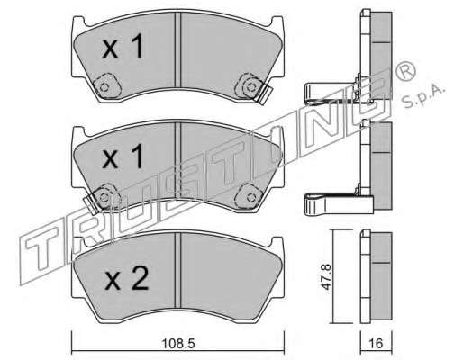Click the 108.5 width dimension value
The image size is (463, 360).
pos(178,343)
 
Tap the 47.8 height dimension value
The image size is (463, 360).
pos(326,276)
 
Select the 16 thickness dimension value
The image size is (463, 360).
pos(376,343)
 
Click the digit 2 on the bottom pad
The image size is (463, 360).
pos(139,279)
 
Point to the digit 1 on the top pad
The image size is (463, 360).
pos(137,46)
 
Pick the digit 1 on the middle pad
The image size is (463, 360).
pos(137,156)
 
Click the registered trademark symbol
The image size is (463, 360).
pos(405,70)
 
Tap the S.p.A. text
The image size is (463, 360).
pos(423,95)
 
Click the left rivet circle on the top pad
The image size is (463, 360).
pos(104,87)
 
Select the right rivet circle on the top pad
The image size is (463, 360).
pos(250,87)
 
